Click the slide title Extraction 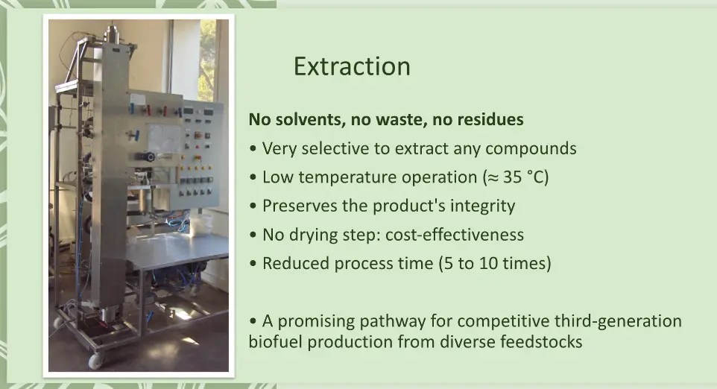click(x=352, y=67)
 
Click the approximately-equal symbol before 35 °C click(x=493, y=178)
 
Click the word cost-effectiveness click(x=455, y=235)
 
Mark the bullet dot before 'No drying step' click(x=253, y=235)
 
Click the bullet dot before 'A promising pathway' click(x=253, y=321)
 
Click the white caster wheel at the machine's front click(x=96, y=361)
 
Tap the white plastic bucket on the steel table click(x=201, y=223)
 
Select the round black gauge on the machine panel click(x=150, y=156)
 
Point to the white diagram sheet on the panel click(x=164, y=138)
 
